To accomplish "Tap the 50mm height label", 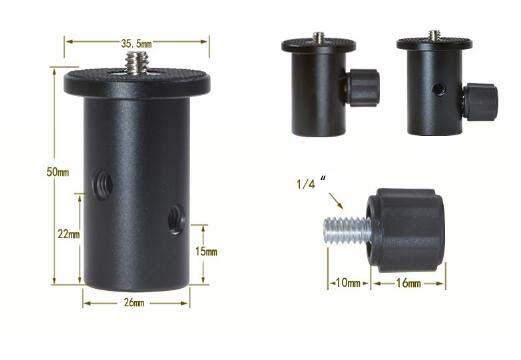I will tap(58, 173).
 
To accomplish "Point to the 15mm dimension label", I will tap(205, 251).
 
